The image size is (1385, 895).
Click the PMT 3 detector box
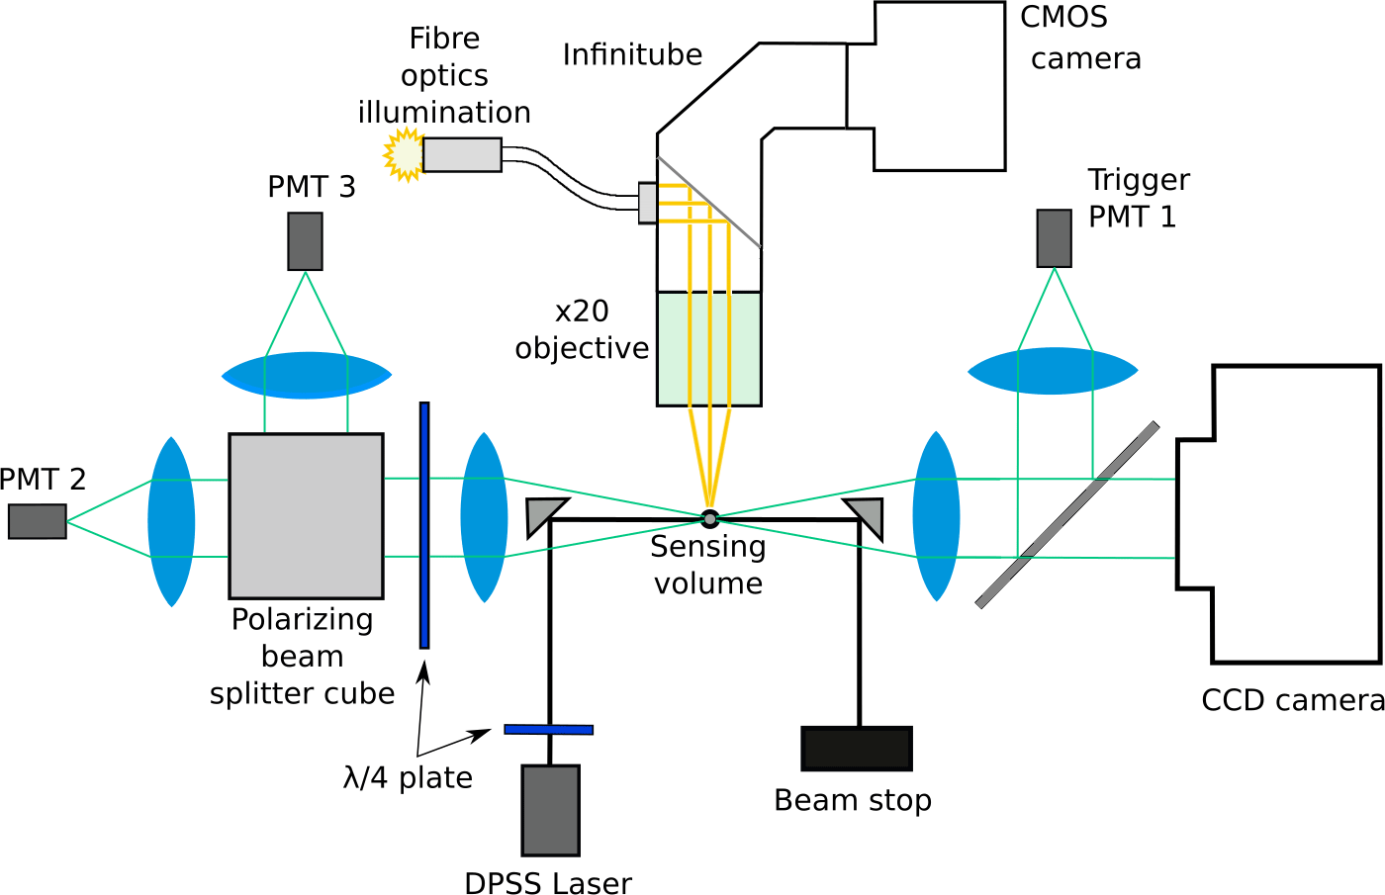tap(305, 240)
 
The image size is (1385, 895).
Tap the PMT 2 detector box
tap(38, 521)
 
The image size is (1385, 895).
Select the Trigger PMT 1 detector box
tap(1054, 238)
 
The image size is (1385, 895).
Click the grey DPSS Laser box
tap(550, 810)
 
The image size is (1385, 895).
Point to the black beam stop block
tap(856, 749)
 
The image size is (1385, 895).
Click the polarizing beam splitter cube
tap(306, 515)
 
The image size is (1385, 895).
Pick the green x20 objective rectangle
tap(708, 348)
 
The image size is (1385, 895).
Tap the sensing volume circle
tap(709, 517)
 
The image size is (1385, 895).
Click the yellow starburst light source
tap(404, 154)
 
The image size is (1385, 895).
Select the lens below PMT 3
tap(306, 376)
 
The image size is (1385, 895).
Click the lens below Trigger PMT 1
tap(1053, 371)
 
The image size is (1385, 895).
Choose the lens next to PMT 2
tap(171, 521)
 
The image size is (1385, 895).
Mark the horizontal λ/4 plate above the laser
tap(548, 730)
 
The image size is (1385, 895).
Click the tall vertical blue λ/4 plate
tap(424, 524)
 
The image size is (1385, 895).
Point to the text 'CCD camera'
tap(1292, 700)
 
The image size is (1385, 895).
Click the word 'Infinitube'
tap(632, 54)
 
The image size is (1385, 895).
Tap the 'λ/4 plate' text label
tap(408, 777)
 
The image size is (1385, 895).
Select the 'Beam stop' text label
tap(853, 799)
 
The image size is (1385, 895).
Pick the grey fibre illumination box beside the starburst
tap(462, 154)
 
